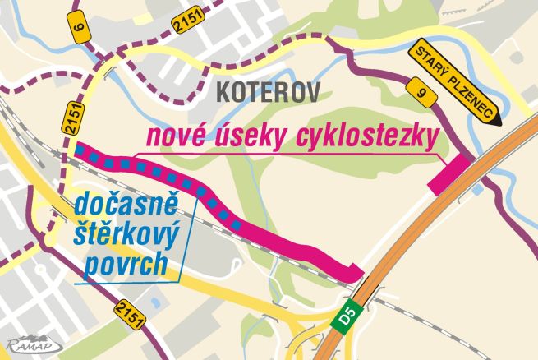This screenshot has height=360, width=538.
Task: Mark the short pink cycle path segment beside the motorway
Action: pos(450,175)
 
